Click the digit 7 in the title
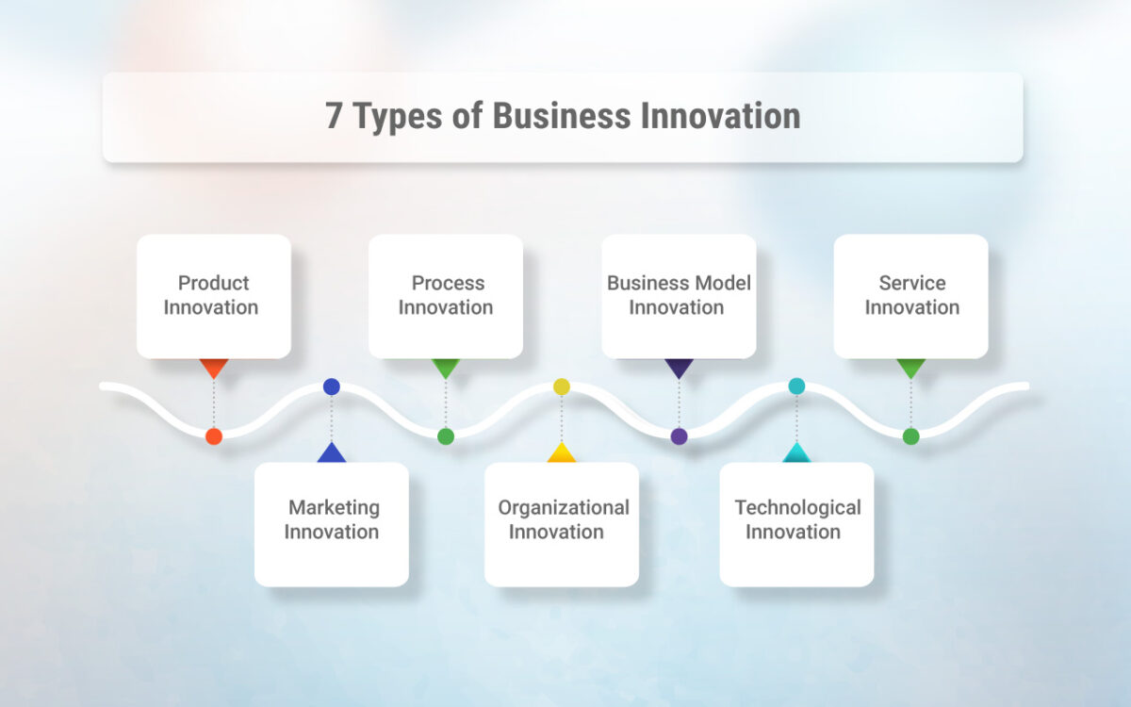tap(335, 117)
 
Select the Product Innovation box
tap(213, 296)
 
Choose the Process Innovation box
tap(445, 296)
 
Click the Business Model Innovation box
tap(679, 296)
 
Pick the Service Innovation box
tap(910, 296)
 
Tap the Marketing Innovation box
tap(332, 523)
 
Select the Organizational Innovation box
tap(562, 523)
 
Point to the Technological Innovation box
tap(796, 523)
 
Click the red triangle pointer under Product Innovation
tap(214, 367)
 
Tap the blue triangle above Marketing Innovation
tap(332, 453)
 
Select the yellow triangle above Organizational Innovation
tap(562, 453)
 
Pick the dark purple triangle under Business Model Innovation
tap(679, 367)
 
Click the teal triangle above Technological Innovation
tap(796, 453)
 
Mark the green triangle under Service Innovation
tap(910, 367)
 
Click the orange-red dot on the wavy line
tap(214, 436)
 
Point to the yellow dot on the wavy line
tap(562, 386)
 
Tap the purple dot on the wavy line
tap(679, 436)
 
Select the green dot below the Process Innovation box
tap(446, 436)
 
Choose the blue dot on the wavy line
tap(332, 386)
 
